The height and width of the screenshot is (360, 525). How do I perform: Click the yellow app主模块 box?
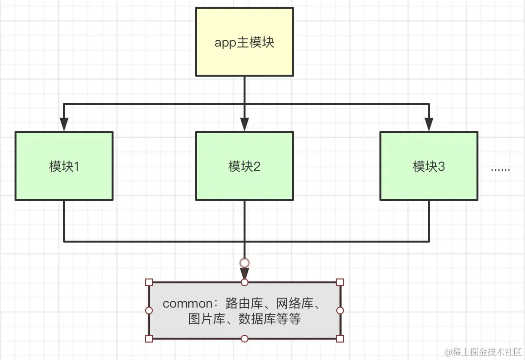pyautogui.click(x=244, y=42)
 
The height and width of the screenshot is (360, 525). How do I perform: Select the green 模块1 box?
pyautogui.click(x=64, y=166)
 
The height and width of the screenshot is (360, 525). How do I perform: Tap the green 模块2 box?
pyautogui.click(x=244, y=166)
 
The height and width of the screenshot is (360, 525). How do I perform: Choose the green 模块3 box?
pyautogui.click(x=428, y=166)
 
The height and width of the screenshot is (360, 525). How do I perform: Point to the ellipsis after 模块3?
pyautogui.click(x=500, y=170)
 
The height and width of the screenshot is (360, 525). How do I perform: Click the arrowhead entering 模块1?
pyautogui.click(x=64, y=125)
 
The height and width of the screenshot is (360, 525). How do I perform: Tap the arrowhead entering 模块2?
pyautogui.click(x=244, y=125)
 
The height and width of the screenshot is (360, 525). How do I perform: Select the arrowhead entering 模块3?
pyautogui.click(x=428, y=125)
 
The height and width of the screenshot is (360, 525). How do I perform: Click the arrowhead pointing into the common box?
pyautogui.click(x=245, y=273)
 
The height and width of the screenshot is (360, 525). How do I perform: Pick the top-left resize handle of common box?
pyautogui.click(x=149, y=282)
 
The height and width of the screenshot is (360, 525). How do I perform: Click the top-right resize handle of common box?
pyautogui.click(x=340, y=282)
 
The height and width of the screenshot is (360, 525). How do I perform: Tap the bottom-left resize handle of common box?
pyautogui.click(x=149, y=338)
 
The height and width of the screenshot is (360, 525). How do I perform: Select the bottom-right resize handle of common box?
pyautogui.click(x=340, y=338)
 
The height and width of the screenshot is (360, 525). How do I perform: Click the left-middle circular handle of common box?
pyautogui.click(x=149, y=311)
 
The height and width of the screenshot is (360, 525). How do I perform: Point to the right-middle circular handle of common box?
pyautogui.click(x=340, y=311)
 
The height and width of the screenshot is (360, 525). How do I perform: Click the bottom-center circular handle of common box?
pyautogui.click(x=245, y=338)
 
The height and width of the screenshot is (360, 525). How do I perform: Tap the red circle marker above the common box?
pyautogui.click(x=245, y=263)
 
